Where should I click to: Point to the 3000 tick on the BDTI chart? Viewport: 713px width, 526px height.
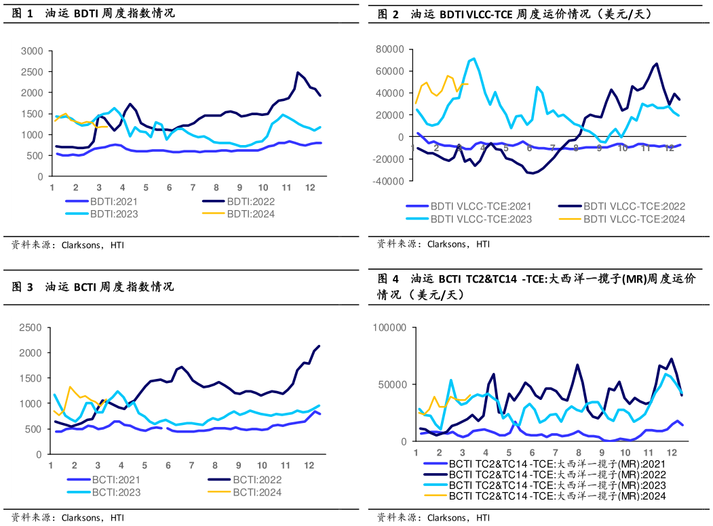32,51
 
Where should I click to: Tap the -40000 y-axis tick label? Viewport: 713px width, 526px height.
387,181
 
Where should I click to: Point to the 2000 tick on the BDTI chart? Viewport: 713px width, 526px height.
32,93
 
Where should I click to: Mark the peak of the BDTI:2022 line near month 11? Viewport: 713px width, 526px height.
298,72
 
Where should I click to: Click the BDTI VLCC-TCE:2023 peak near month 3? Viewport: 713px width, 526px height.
474,58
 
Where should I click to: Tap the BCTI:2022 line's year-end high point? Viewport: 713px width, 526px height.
319,346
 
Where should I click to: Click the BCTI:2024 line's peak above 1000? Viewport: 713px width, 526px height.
70,387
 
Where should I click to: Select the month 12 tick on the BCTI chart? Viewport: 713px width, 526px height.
309,466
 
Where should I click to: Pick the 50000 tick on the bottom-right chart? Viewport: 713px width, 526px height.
391,384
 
